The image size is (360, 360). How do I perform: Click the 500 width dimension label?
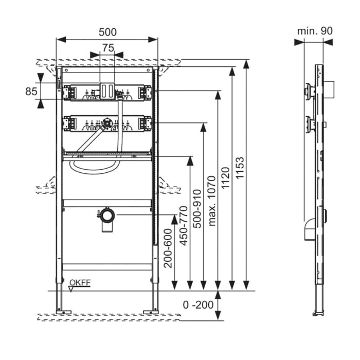[x=107, y=32]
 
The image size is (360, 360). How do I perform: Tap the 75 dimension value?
[x=107, y=47]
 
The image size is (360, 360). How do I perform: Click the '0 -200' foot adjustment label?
[x=198, y=304]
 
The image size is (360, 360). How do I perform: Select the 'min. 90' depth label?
[x=315, y=31]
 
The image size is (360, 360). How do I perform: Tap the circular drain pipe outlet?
[x=107, y=214]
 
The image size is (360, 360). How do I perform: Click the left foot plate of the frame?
[x=64, y=311]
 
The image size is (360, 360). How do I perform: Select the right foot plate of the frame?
[x=151, y=311]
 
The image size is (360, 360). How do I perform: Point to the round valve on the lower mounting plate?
[x=107, y=123]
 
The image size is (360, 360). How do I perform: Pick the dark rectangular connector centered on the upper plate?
[x=107, y=90]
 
